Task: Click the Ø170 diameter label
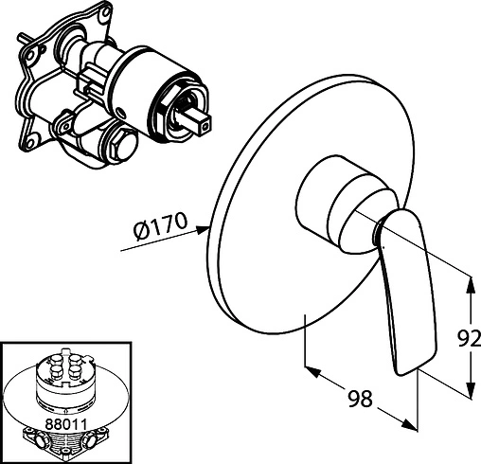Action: coord(160,226)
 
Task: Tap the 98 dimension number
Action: coord(360,399)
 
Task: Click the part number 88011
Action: coord(66,424)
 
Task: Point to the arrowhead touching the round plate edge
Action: coord(203,229)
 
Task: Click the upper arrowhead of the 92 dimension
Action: coord(471,284)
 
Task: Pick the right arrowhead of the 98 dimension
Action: coord(409,424)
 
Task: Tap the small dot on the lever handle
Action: coord(384,247)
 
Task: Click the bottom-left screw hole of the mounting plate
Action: coord(30,144)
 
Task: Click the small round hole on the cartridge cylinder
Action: coord(121,112)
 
